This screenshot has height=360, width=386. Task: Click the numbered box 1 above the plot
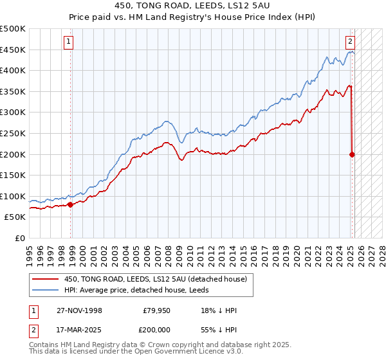tap(68, 42)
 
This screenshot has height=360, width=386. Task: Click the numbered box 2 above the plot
tap(351, 42)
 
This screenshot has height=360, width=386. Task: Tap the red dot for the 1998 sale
tap(70, 205)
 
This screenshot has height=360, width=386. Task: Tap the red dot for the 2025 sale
tap(353, 154)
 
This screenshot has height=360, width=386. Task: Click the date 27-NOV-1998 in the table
tap(79, 310)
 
